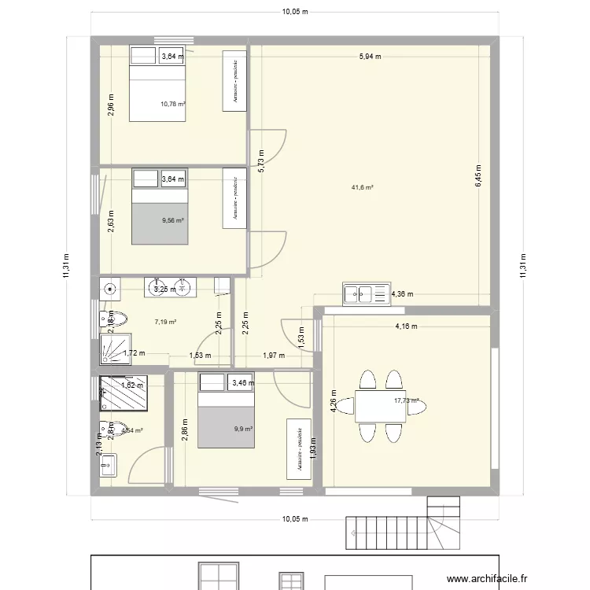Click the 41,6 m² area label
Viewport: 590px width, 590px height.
(362, 187)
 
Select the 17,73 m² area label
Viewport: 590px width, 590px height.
(406, 400)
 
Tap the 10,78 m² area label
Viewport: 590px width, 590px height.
(172, 103)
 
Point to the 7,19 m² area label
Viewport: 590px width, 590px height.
(165, 322)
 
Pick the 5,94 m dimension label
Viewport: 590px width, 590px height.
(370, 57)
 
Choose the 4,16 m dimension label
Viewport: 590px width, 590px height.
(406, 326)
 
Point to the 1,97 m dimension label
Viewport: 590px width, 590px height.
(275, 356)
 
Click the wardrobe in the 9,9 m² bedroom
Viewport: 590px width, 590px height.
(299, 448)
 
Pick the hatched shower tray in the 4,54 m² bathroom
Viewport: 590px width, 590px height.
(121, 393)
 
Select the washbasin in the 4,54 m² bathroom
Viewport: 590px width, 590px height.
(108, 466)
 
